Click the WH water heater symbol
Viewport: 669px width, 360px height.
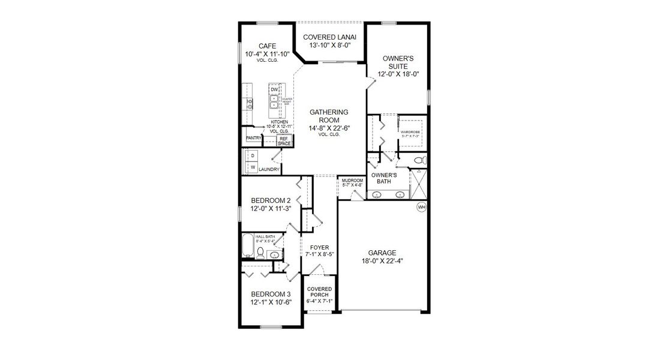point(421,207)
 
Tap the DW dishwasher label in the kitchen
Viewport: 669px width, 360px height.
point(274,89)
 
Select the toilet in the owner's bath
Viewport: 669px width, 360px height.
point(421,160)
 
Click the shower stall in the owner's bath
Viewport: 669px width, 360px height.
point(418,184)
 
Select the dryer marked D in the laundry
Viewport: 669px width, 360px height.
point(253,156)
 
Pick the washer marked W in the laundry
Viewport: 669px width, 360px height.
point(253,167)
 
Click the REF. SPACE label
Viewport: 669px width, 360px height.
point(284,141)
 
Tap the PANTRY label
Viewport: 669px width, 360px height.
point(253,138)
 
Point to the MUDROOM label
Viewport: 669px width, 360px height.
point(352,181)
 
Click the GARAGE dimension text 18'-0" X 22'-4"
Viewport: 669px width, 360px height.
point(383,261)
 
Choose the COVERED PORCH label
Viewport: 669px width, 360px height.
point(319,292)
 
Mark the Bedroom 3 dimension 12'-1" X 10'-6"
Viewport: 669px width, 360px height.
point(271,302)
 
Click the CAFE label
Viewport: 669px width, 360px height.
point(267,46)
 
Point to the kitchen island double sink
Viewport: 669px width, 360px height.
point(274,105)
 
